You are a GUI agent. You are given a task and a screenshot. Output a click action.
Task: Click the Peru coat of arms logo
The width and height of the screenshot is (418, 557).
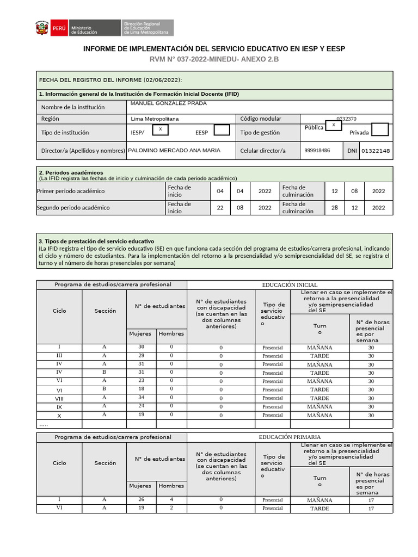coord(41,28)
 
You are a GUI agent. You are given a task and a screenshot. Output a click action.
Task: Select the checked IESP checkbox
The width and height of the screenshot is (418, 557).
coord(159,129)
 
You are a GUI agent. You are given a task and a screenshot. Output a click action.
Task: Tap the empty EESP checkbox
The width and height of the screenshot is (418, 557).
coord(222,130)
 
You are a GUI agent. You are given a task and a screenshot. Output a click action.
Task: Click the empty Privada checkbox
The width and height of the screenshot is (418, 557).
coord(379,129)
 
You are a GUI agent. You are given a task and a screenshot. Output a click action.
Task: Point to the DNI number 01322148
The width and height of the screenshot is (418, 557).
coord(376,151)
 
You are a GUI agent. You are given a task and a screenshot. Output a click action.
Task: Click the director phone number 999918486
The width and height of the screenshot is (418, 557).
coord(317,151)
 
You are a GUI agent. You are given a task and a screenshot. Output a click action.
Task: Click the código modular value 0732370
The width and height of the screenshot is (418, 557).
coord(346,119)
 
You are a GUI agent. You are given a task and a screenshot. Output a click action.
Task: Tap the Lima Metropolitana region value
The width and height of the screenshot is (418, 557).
coord(155,119)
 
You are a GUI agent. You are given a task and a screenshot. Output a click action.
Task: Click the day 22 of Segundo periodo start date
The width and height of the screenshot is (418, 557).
coord(220,208)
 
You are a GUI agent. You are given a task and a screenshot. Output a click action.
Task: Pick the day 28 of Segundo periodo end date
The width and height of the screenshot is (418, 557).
coord(334,208)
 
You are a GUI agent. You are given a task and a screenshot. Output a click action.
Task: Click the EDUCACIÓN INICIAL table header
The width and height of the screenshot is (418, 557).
coord(290,285)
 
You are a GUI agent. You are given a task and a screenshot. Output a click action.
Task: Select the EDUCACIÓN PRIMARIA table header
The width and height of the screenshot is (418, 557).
coord(290,437)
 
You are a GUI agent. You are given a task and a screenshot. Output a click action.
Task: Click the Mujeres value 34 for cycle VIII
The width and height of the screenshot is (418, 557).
coord(142,398)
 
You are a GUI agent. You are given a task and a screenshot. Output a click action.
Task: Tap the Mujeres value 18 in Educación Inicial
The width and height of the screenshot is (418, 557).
coord(142,389)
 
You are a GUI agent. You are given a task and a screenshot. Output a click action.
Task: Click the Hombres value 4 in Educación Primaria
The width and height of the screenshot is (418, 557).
coord(171,499)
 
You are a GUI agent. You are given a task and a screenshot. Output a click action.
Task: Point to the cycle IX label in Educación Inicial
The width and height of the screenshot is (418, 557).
coord(59,406)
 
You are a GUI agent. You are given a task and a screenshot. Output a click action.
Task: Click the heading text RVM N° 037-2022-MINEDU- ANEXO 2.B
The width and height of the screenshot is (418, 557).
coord(213,59)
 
